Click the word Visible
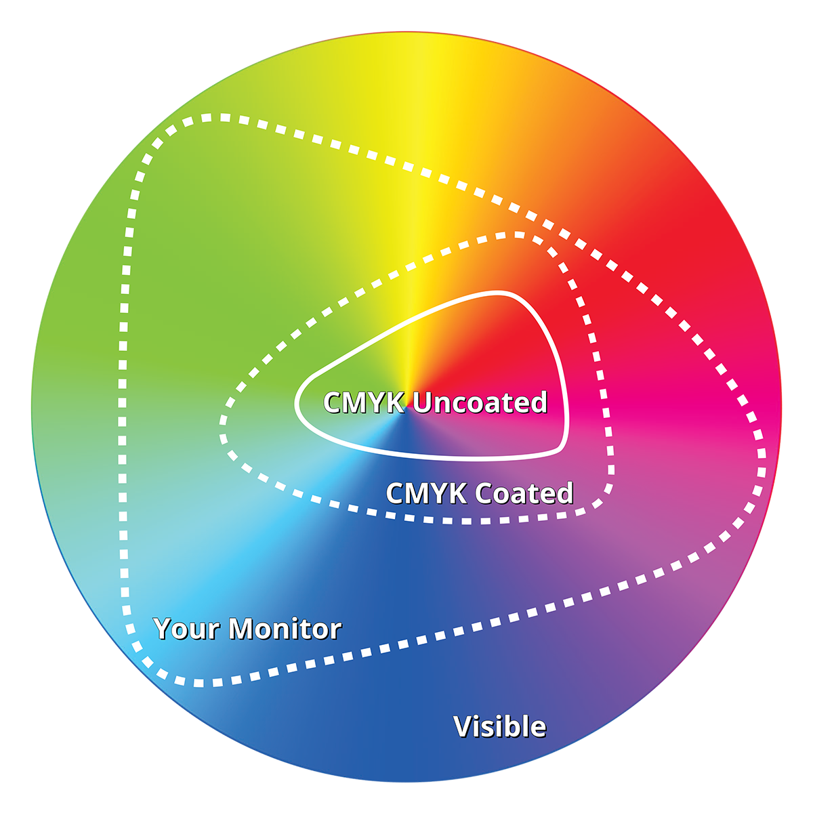[500, 726]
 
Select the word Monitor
[285, 629]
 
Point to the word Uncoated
[480, 402]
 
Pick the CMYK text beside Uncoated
[364, 402]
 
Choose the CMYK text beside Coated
[427, 493]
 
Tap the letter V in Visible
[464, 727]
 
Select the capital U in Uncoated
[424, 402]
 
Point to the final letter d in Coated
[565, 493]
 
